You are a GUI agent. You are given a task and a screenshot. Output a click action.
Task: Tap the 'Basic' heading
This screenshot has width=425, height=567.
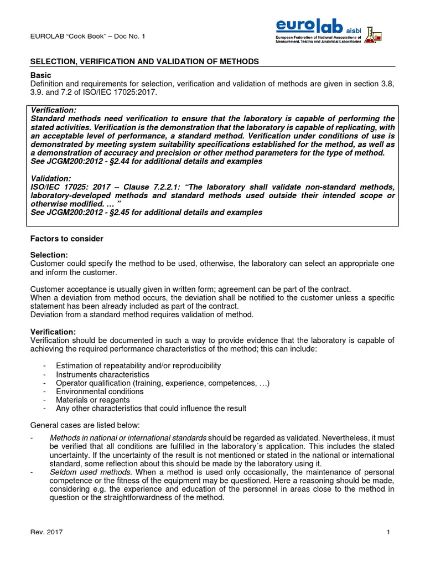40,75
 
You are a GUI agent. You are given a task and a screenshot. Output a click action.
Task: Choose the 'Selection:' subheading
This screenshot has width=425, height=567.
49,255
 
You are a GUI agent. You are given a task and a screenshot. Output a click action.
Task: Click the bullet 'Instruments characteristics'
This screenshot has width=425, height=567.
102,374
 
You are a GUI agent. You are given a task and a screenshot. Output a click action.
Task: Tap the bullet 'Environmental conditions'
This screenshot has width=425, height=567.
100,391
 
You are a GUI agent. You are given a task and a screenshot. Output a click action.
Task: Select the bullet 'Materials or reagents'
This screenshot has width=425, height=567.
93,400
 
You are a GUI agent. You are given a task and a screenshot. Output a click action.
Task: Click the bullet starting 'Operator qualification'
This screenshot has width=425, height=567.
162,383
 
